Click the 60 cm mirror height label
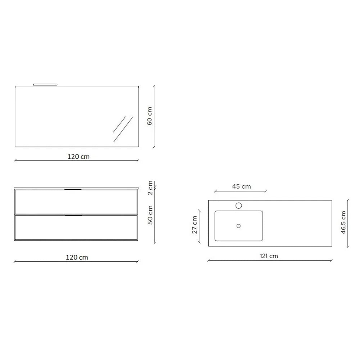(x=149, y=116)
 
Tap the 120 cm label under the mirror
(x=78, y=157)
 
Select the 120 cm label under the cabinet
(x=77, y=257)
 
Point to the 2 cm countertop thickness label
(x=150, y=188)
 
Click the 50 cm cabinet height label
(x=150, y=215)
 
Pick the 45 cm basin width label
(x=241, y=186)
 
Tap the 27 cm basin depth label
(x=194, y=225)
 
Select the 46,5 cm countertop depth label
(x=343, y=222)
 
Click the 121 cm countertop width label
(x=269, y=256)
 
